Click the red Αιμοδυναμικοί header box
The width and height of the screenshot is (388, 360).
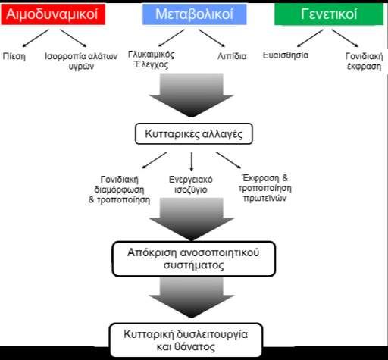[53, 14]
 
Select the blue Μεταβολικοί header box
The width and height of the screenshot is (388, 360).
[195, 14]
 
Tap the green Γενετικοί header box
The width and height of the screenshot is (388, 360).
[329, 14]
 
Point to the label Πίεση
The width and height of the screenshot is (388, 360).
[14, 56]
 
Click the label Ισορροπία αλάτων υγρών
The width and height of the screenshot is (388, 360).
[81, 61]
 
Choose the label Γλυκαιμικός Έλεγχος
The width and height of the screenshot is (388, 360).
[152, 60]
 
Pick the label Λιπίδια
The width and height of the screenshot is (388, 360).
[232, 56]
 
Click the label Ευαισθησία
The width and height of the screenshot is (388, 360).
[286, 55]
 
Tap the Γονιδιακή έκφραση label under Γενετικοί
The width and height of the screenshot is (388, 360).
[365, 61]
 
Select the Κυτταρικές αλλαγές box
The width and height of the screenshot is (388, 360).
[194, 133]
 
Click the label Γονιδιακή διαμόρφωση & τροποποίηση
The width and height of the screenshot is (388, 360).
[119, 189]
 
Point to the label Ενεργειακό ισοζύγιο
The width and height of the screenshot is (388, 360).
[191, 184]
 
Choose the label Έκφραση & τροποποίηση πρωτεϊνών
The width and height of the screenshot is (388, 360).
[265, 188]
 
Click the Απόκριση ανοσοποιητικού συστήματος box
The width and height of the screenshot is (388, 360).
[194, 258]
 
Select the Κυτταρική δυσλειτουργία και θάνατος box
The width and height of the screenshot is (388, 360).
[186, 340]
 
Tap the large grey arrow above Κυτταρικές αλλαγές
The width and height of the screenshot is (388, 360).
[192, 95]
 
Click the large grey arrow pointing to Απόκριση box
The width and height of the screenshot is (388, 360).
[192, 219]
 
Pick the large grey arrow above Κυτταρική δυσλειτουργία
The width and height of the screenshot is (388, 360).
[192, 298]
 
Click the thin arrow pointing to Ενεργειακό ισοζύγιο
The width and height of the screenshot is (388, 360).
[192, 161]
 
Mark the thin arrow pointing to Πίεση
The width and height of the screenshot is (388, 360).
[36, 38]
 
